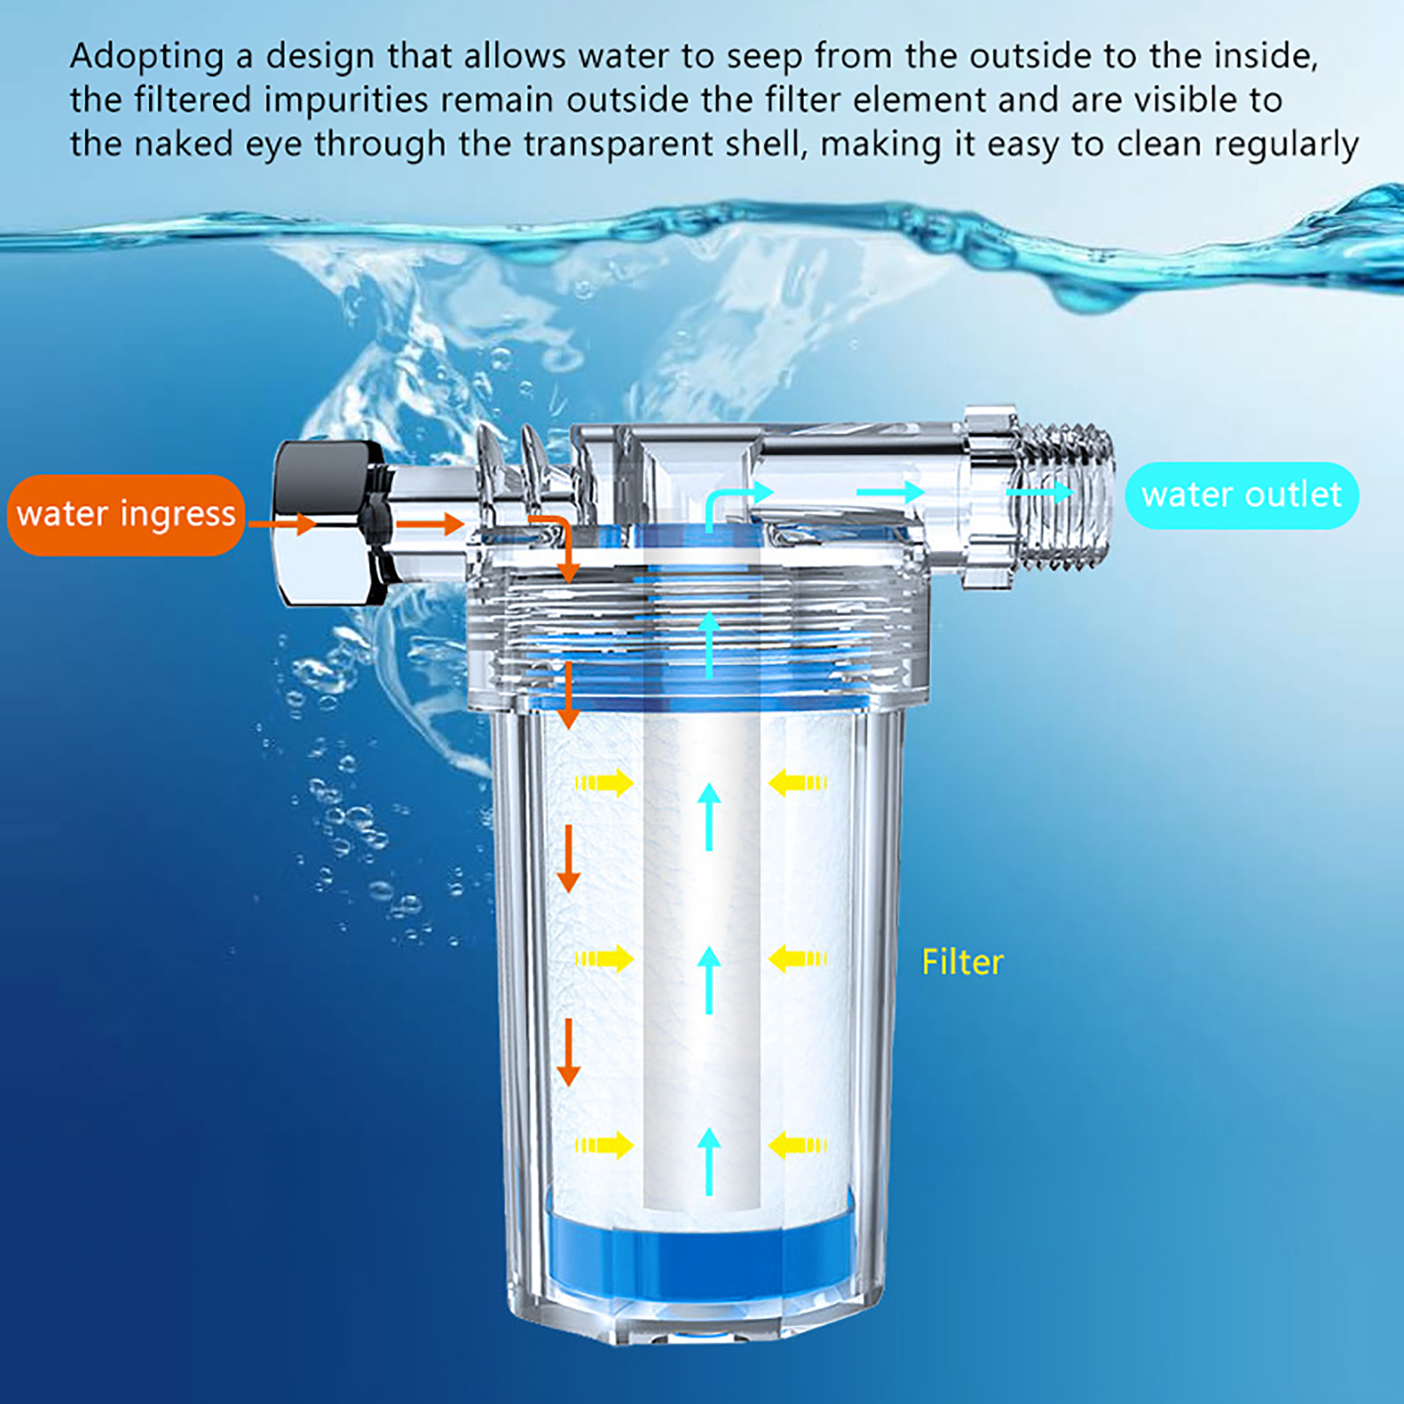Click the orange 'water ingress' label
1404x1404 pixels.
point(125,515)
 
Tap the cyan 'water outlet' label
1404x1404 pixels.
point(1242,496)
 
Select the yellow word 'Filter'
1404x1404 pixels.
point(963,963)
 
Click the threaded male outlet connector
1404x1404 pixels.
point(1066,496)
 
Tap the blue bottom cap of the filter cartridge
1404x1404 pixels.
point(700,1246)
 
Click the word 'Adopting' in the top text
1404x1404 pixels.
point(147,57)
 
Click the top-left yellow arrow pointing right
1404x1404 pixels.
point(605,782)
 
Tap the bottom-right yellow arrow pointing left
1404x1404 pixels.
point(798,1145)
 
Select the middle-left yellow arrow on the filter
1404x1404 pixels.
point(605,959)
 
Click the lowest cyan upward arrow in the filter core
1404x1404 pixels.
point(709,1162)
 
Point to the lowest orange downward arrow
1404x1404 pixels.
point(569,1052)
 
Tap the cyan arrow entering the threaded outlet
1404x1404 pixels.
point(1039,492)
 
